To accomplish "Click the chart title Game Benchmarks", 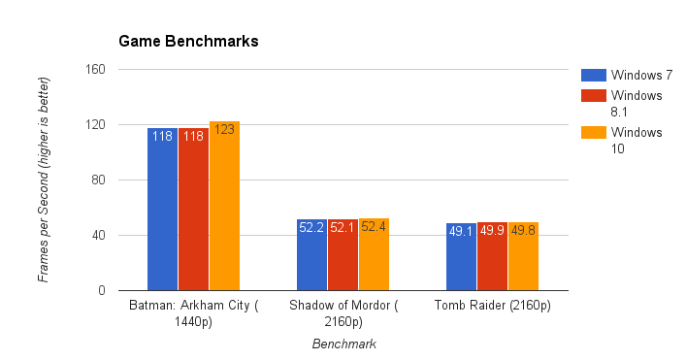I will (x=188, y=42).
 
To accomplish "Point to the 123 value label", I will (x=224, y=129).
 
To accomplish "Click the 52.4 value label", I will (x=374, y=227).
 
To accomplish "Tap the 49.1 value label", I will (x=461, y=231).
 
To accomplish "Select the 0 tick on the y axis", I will (x=102, y=290).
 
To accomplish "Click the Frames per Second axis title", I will (x=44, y=180).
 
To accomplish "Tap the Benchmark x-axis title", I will (x=343, y=344).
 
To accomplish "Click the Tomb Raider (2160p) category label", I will (x=493, y=307).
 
